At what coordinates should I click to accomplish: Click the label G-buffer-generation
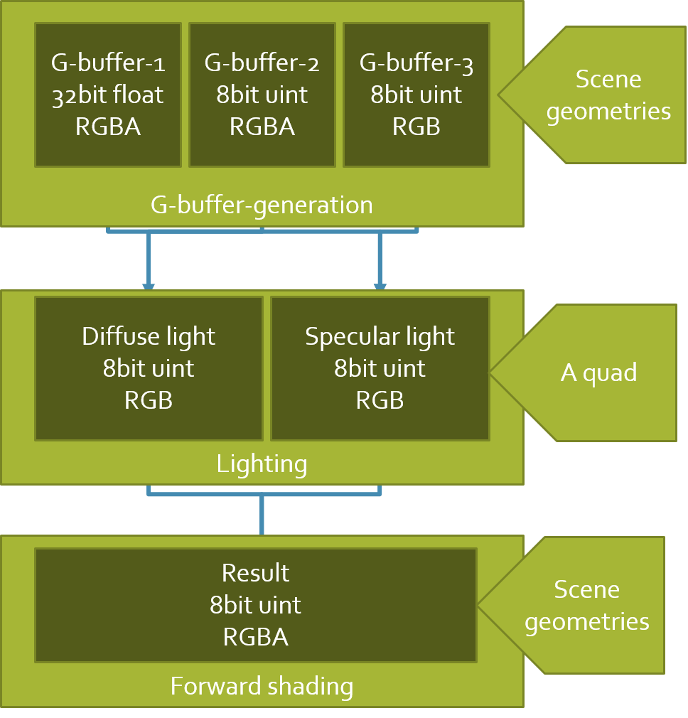pyautogui.click(x=262, y=205)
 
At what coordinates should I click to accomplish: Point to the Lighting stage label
pyautogui.click(x=262, y=464)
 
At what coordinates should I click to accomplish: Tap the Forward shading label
pyautogui.click(x=262, y=687)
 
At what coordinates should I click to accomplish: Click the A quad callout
pyautogui.click(x=599, y=373)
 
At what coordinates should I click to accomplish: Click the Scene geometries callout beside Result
pyautogui.click(x=587, y=606)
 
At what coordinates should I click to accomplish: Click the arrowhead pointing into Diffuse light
pyautogui.click(x=149, y=287)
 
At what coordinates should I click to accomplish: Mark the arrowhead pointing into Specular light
pyautogui.click(x=380, y=287)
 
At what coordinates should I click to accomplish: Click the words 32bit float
pyautogui.click(x=108, y=95)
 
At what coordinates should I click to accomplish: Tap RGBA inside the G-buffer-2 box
pyautogui.click(x=262, y=127)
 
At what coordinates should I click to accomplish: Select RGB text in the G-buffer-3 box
pyautogui.click(x=416, y=127)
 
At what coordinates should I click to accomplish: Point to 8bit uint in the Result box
pyautogui.click(x=256, y=605)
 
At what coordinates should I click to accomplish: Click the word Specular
pyautogui.click(x=349, y=337)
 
